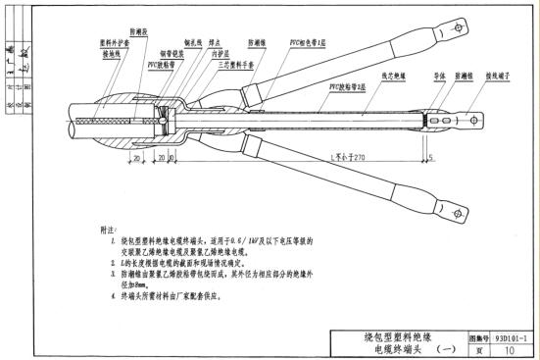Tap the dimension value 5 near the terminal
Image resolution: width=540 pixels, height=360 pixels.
coord(430,156)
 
